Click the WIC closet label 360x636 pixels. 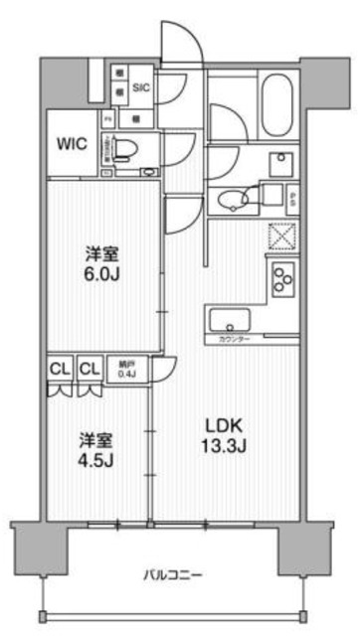(73, 144)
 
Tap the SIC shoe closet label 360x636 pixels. (140, 87)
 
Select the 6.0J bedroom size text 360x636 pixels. (101, 263)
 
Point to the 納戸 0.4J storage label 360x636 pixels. (128, 370)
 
